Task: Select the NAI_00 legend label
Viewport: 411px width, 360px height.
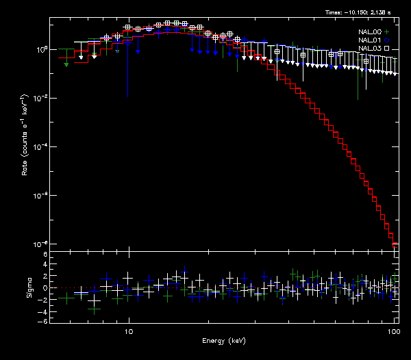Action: pos(370,31)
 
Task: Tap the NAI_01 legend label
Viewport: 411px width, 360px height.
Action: pos(370,40)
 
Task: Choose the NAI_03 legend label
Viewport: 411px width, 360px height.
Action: pos(370,49)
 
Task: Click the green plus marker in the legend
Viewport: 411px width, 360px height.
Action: pos(387,31)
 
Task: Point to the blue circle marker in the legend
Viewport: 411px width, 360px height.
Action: pos(387,40)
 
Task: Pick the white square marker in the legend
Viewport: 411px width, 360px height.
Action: pos(387,49)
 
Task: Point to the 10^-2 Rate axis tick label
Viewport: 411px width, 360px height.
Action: pos(40,98)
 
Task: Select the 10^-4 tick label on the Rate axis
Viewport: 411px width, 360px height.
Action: pos(40,146)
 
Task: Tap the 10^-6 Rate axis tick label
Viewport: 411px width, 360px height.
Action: pos(40,195)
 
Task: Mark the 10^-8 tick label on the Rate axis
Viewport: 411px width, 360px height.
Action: pos(40,244)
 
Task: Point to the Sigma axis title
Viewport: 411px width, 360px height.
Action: pos(29,287)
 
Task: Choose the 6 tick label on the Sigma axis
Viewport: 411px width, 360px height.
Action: pos(45,255)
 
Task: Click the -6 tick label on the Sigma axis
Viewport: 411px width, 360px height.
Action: pos(43,321)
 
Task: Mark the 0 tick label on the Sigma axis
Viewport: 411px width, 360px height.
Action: pos(45,288)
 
